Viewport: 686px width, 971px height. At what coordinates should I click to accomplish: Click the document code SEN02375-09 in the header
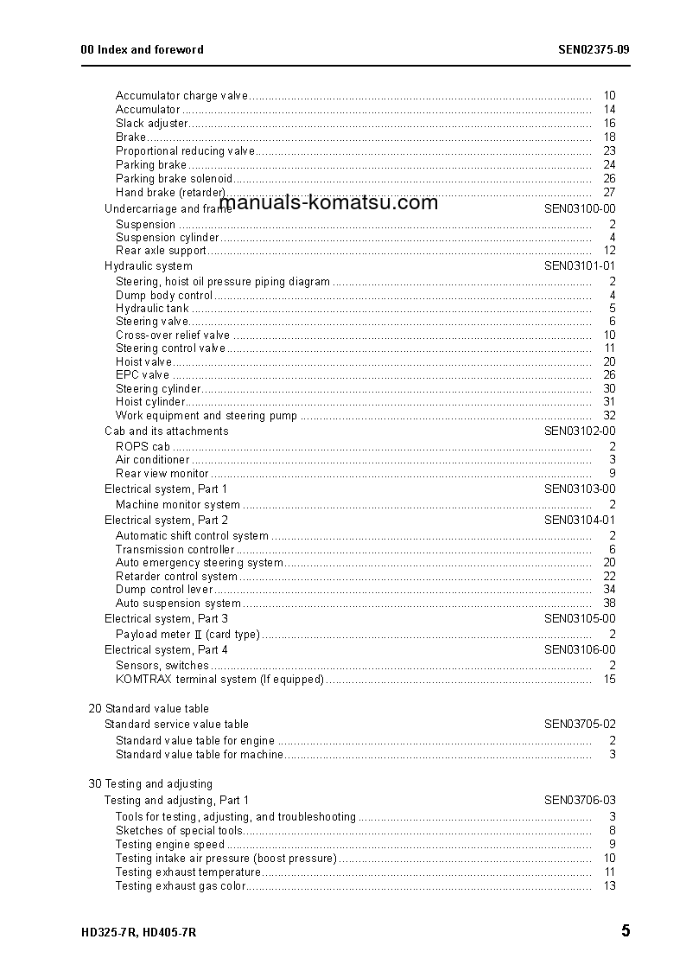(594, 49)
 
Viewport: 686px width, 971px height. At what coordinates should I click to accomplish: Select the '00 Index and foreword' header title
(142, 49)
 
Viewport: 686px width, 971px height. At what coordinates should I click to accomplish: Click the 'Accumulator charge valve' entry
(181, 96)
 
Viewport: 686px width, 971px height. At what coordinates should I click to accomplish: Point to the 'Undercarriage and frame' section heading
(161, 209)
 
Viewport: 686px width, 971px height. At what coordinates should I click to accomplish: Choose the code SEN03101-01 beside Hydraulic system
(580, 266)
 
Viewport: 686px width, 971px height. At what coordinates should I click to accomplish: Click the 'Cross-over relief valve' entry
(173, 335)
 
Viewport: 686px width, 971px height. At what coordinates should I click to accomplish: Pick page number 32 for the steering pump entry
(609, 416)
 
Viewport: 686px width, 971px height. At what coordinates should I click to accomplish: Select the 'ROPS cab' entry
(143, 447)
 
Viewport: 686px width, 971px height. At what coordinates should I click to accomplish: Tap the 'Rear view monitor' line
(162, 474)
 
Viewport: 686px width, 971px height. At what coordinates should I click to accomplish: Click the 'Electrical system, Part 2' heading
(166, 521)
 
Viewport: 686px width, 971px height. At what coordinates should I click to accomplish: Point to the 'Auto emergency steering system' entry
(200, 563)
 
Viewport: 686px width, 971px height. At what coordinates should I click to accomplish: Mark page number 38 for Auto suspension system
(609, 604)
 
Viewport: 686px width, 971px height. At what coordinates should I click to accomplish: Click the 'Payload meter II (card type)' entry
(187, 635)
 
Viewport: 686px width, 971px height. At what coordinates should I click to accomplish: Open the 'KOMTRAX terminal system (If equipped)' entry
(219, 680)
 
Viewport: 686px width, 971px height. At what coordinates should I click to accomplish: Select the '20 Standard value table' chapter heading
(149, 709)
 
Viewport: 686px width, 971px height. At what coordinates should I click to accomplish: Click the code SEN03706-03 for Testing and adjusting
(580, 801)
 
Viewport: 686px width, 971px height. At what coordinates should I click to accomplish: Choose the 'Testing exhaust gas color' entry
(181, 886)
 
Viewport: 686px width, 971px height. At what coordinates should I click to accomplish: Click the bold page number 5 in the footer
(625, 931)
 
